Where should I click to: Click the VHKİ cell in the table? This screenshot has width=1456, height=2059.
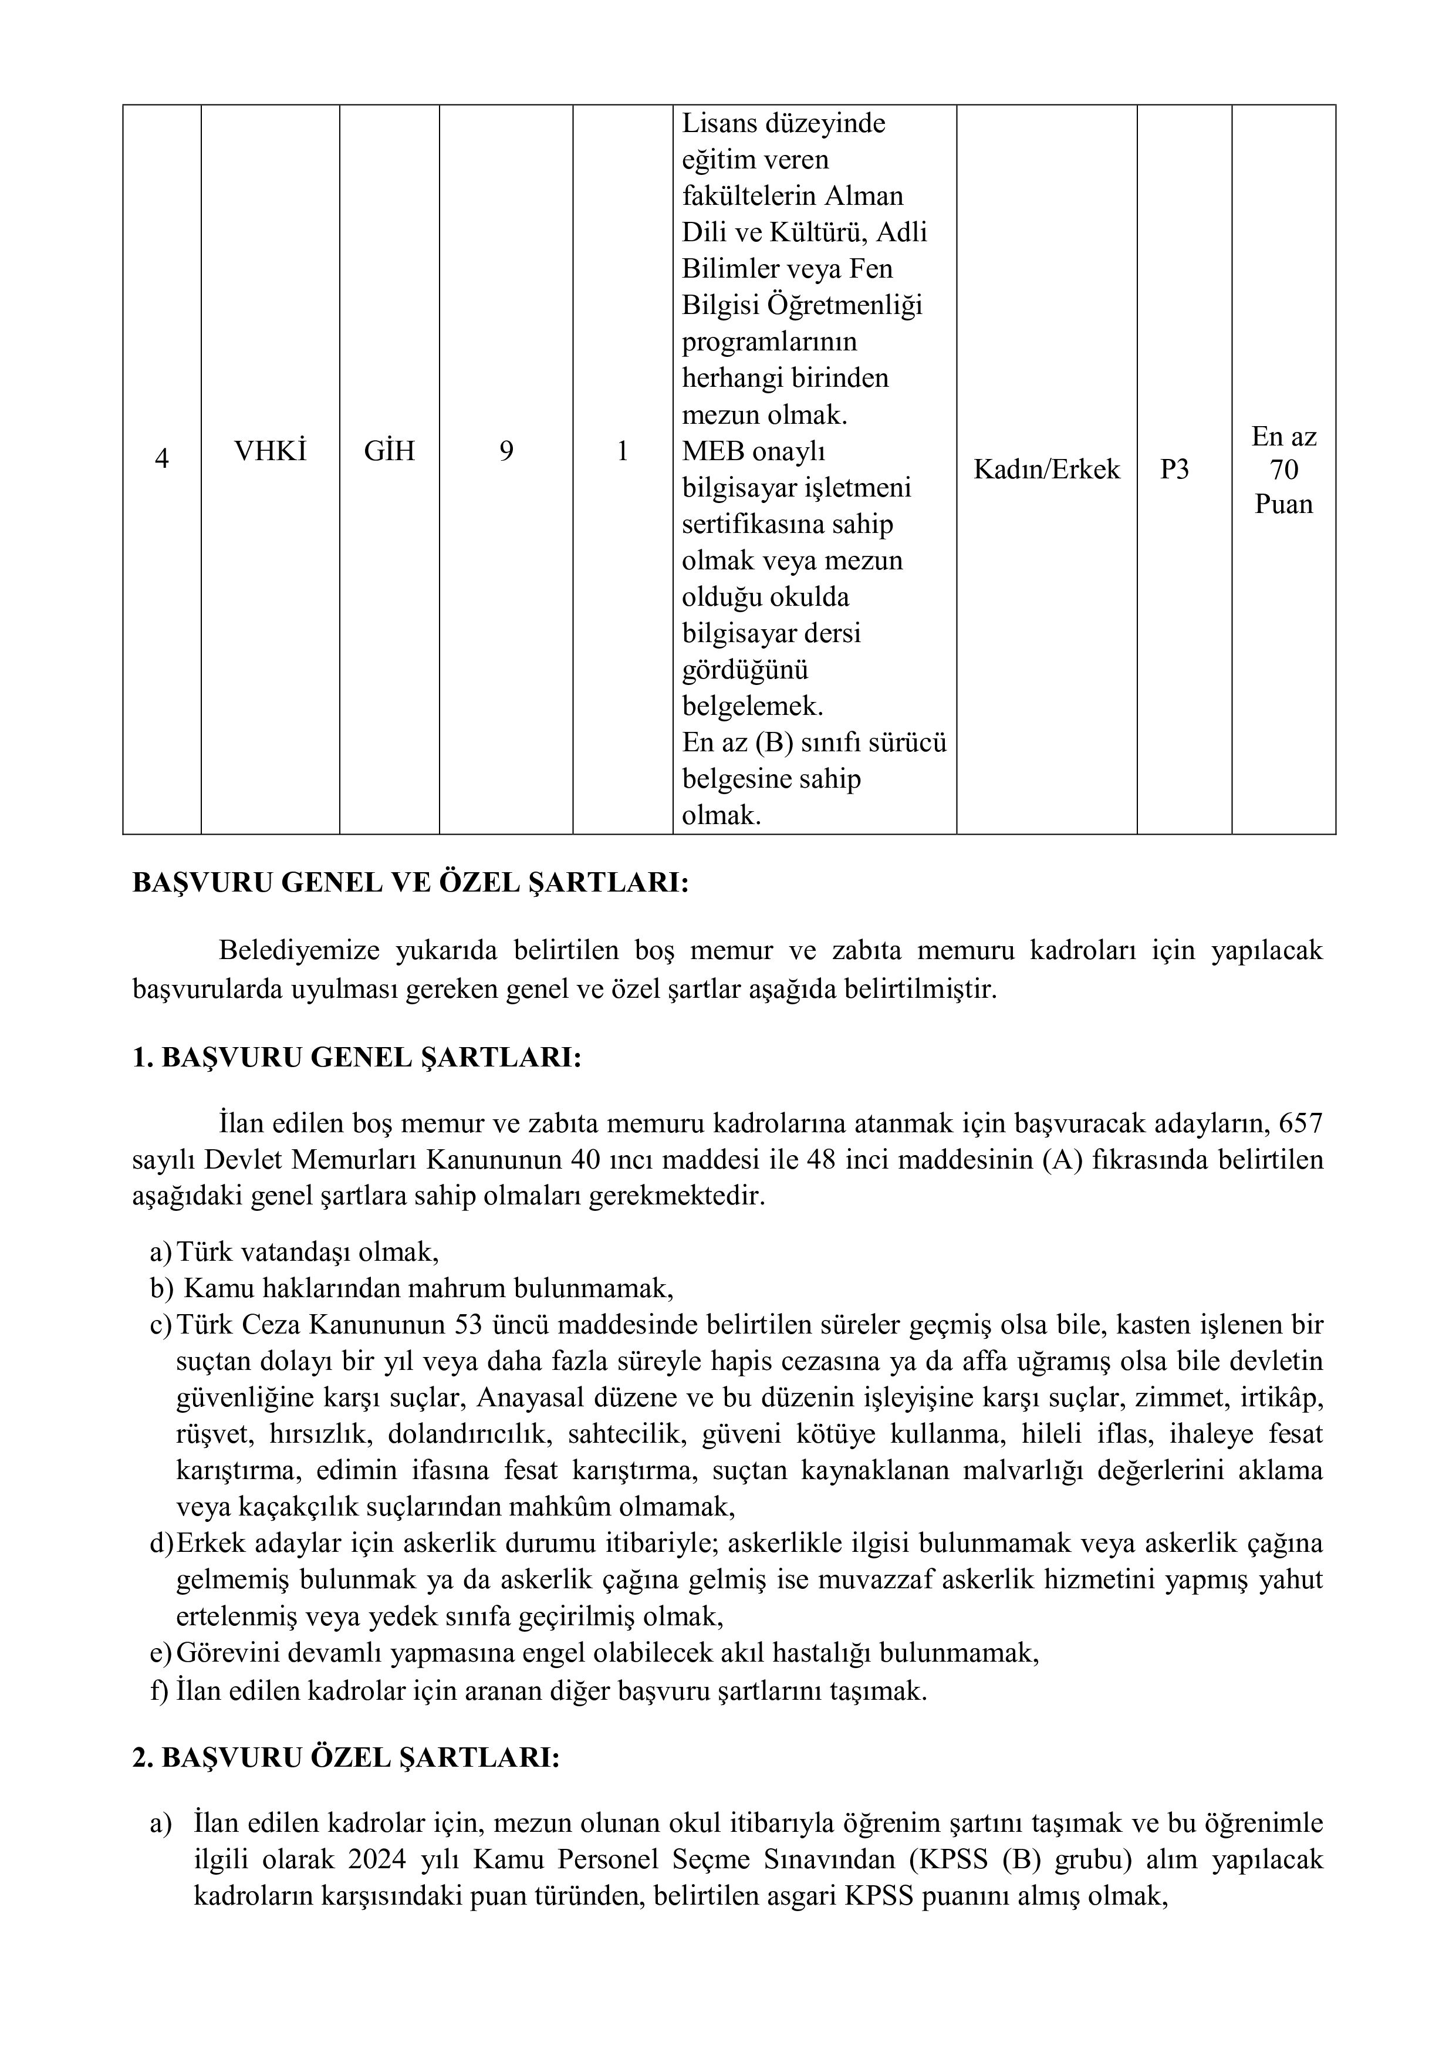[x=270, y=451]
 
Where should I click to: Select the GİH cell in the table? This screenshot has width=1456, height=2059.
[x=389, y=451]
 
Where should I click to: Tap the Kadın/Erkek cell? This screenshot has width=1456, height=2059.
[x=1046, y=469]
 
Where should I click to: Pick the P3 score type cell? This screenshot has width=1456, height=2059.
[x=1174, y=469]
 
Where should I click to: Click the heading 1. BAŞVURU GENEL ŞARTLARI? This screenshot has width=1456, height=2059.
[x=357, y=1058]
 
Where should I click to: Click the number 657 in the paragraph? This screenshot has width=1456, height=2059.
[x=1301, y=1123]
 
